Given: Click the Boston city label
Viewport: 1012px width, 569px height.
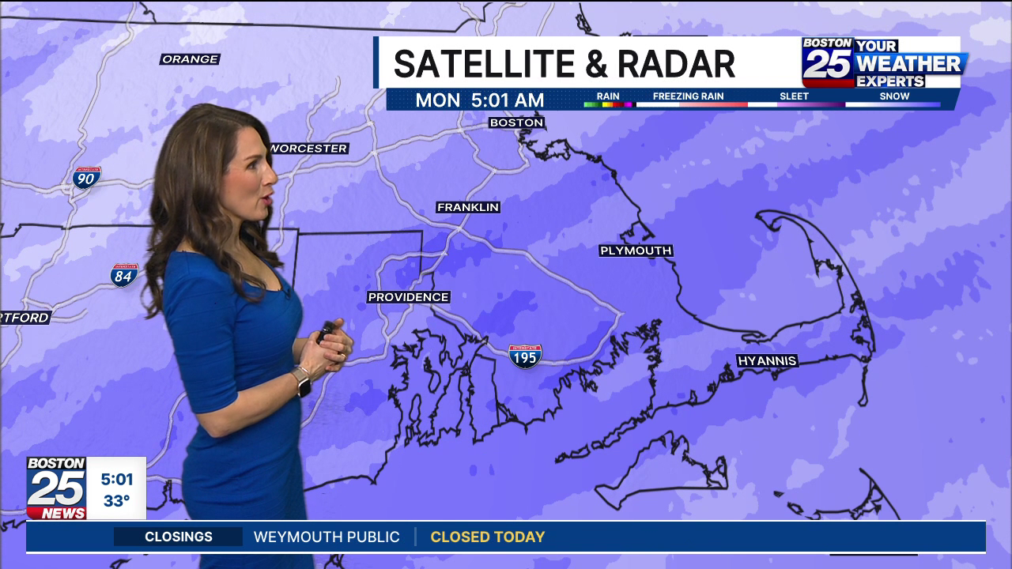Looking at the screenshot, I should (516, 122).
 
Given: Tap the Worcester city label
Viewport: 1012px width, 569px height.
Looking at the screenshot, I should (309, 149).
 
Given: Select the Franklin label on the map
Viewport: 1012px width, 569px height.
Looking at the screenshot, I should (468, 207).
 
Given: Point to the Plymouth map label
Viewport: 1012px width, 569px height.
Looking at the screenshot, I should (636, 251).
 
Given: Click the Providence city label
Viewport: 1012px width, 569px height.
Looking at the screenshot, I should (408, 297).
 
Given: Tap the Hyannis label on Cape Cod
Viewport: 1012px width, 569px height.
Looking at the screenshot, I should (767, 361).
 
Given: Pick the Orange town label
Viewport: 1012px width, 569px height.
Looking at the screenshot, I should (190, 59).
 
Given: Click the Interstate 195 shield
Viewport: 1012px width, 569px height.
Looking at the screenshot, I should (525, 356).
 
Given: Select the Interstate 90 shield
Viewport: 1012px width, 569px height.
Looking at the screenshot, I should (86, 178).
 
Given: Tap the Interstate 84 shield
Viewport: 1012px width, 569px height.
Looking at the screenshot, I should (124, 275).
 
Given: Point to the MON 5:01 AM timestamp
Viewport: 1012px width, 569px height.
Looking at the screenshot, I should (479, 100).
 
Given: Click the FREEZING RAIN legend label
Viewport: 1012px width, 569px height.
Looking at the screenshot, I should (688, 96).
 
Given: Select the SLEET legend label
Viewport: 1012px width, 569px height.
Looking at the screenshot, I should (794, 96).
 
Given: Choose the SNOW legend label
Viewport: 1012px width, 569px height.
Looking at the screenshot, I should (894, 96).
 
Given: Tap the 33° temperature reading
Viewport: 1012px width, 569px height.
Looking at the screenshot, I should (116, 501).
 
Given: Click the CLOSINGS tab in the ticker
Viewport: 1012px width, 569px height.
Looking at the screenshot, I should (179, 537).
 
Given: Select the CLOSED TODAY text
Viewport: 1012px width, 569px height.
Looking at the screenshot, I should (487, 537).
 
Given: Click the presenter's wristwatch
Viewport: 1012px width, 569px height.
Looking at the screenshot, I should (301, 381).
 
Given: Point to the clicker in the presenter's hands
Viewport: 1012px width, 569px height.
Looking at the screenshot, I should (325, 331).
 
